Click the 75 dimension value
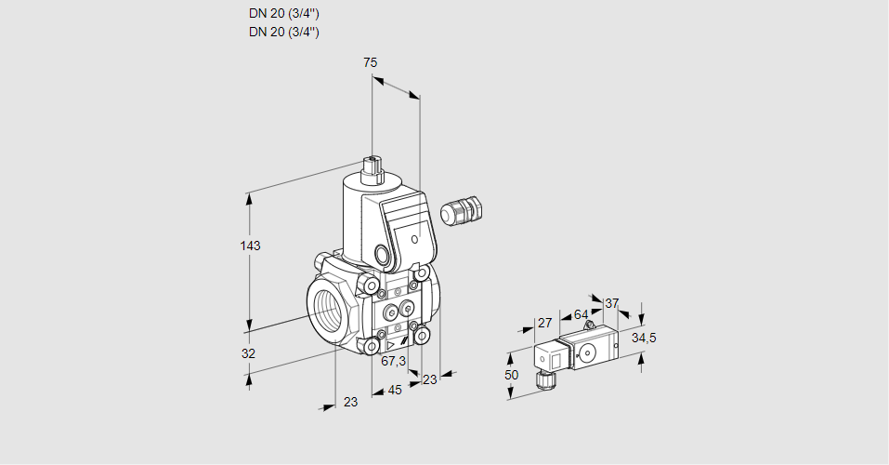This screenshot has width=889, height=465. [370, 62]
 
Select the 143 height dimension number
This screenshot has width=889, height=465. [250, 246]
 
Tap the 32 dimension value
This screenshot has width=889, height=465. [248, 353]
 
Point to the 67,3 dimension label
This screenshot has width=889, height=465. [394, 362]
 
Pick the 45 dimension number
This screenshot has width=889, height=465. [395, 391]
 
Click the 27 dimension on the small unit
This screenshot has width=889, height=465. [545, 323]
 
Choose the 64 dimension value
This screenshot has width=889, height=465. [581, 314]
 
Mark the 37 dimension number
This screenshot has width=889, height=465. [611, 303]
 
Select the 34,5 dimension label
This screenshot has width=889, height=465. [644, 338]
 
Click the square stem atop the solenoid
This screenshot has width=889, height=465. [374, 169]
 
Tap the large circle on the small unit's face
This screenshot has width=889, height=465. [588, 352]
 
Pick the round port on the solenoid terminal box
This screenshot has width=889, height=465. [383, 254]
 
